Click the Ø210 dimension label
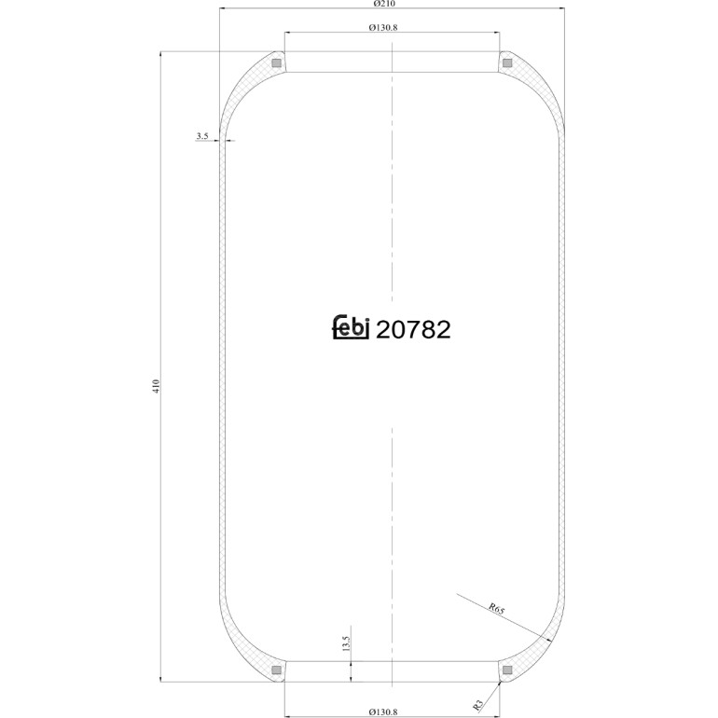384,4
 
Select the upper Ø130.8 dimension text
383,27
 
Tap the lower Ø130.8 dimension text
383,711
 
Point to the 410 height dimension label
156,386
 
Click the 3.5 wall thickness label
202,135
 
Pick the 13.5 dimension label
346,643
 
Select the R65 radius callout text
496,609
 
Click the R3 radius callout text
478,705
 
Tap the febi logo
351,327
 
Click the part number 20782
413,330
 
